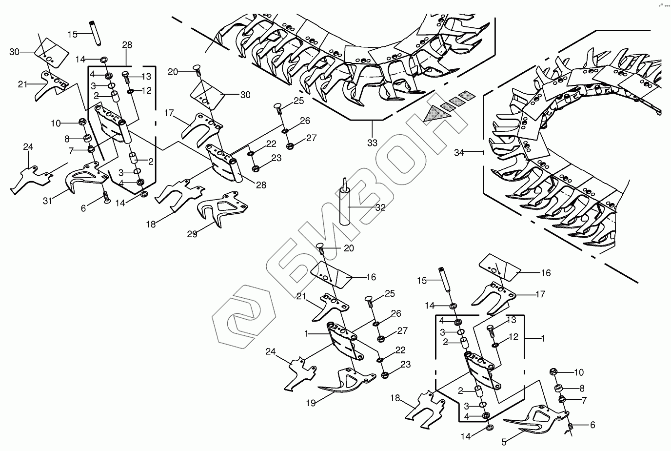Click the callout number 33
click(x=372, y=143)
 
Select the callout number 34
click(x=459, y=152)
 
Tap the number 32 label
click(x=380, y=207)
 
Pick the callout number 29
click(x=192, y=234)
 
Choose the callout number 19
click(x=311, y=403)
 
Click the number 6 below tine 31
click(x=83, y=208)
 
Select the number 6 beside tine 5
click(x=592, y=425)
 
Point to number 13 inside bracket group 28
click(x=146, y=76)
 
